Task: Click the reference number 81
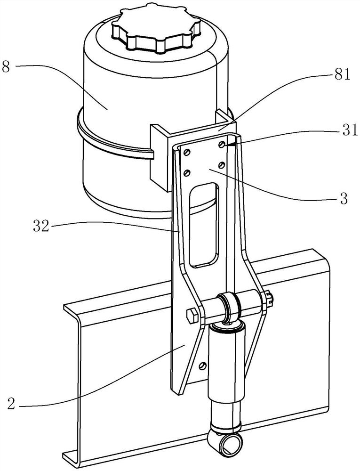pos(342,74)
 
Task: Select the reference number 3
pos(344,199)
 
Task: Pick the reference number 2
pos(11,405)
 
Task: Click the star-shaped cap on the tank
pos(156,29)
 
